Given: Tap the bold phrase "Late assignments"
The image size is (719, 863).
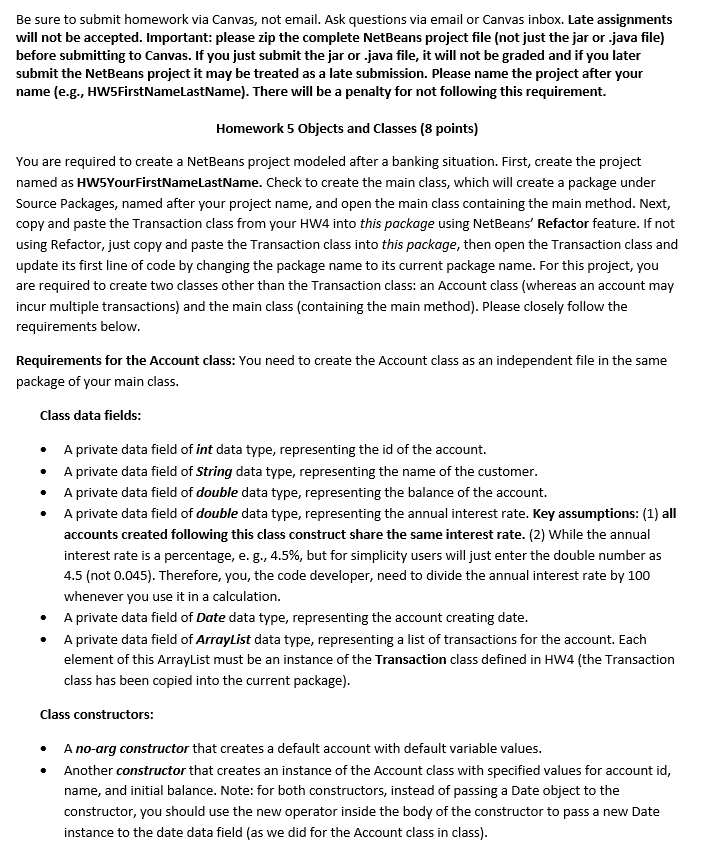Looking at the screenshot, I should [x=621, y=19].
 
